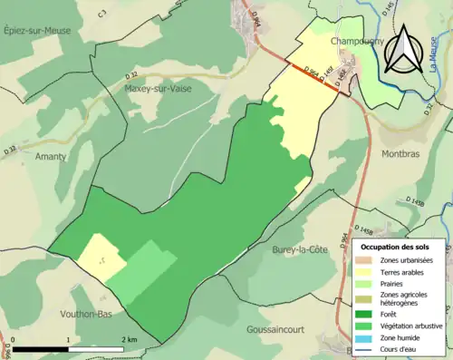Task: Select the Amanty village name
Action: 51,156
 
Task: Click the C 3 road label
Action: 101,12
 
